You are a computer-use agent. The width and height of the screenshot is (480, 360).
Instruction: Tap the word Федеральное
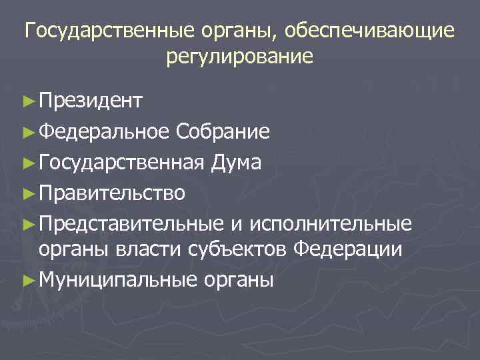(x=105, y=132)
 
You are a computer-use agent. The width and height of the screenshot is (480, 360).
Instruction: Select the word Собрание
(x=223, y=132)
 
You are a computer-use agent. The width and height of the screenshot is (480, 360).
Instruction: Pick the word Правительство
(x=112, y=193)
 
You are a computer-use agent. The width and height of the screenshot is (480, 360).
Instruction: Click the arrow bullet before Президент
(x=27, y=102)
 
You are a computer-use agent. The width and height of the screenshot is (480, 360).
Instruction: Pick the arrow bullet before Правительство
(x=27, y=194)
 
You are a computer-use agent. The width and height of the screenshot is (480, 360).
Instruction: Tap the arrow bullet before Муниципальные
(x=27, y=281)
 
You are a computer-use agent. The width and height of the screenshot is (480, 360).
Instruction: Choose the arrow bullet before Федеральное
(x=27, y=133)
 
